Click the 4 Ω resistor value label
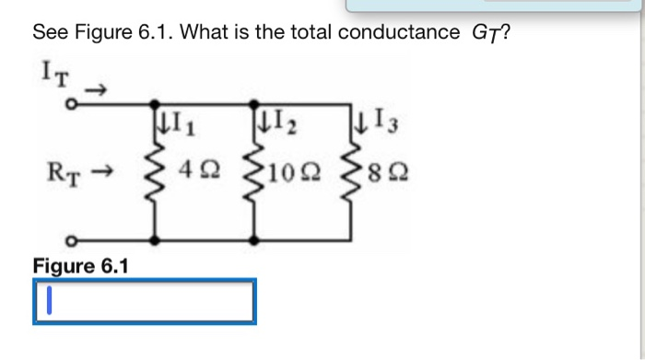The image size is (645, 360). [x=205, y=171]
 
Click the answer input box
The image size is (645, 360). [x=144, y=302]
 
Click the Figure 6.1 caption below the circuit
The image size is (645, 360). [x=81, y=266]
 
